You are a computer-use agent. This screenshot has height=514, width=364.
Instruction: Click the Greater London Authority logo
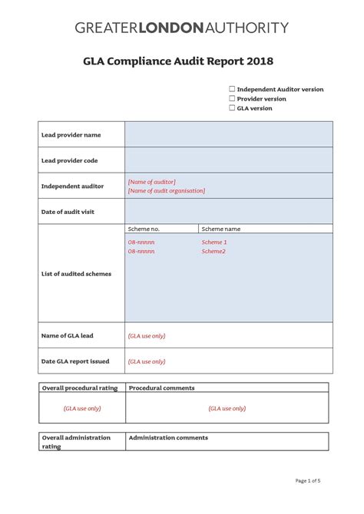(182, 28)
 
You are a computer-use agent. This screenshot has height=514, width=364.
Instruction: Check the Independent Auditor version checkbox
(232, 89)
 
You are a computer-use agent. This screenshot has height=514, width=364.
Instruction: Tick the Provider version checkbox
(232, 99)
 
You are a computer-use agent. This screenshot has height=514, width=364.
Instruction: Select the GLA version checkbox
(232, 108)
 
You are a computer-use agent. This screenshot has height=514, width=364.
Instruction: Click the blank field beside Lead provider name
(228, 134)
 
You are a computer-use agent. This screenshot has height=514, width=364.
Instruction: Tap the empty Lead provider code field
(228, 160)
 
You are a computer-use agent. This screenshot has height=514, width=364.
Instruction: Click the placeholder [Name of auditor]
(151, 182)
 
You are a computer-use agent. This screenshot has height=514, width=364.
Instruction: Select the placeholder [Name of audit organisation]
(166, 191)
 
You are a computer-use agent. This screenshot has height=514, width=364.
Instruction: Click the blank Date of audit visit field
(228, 211)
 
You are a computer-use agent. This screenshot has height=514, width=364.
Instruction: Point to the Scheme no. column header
(144, 229)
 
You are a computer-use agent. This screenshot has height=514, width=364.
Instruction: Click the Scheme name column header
(221, 229)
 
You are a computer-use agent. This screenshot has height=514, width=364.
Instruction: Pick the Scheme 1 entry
(214, 242)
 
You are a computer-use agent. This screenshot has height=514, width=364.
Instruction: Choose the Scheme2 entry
(213, 251)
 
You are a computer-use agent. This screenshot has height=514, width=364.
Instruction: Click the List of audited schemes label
(76, 274)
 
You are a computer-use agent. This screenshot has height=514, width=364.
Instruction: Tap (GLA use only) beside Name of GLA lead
(147, 335)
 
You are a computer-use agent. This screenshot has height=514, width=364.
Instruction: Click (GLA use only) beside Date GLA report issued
(147, 361)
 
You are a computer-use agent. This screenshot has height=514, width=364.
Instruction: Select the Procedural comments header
(162, 388)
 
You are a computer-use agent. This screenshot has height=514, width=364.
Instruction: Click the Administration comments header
(168, 438)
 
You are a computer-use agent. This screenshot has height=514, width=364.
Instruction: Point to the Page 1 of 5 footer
(308, 481)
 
